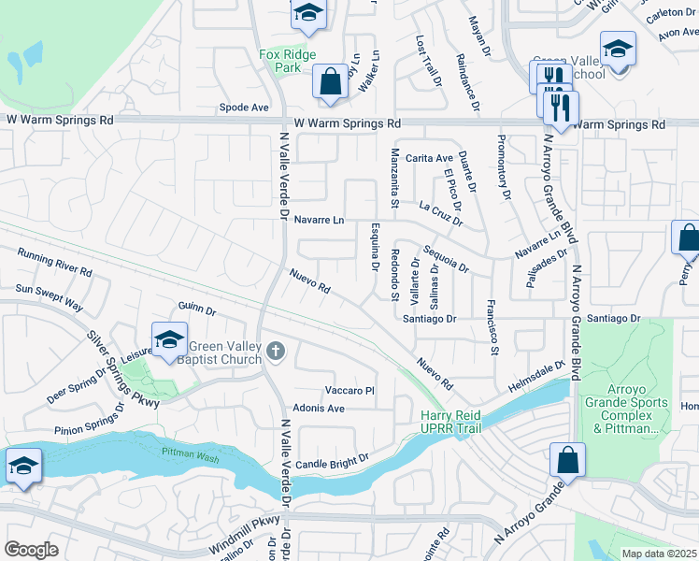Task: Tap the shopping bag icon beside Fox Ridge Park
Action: tap(331, 81)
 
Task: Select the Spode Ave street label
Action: tap(244, 108)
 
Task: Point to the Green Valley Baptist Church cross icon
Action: tap(275, 351)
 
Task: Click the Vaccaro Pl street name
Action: tap(349, 390)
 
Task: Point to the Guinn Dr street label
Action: tap(197, 308)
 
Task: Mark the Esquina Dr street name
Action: tap(374, 252)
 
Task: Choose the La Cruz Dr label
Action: tap(441, 213)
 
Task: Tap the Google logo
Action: tap(31, 550)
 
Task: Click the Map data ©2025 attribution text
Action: tap(659, 554)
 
